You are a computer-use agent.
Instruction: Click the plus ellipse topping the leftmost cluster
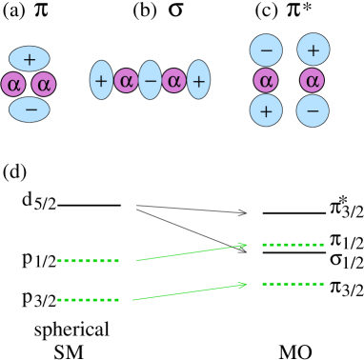[x=30, y=59]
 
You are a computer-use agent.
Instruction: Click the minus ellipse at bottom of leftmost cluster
[x=30, y=110]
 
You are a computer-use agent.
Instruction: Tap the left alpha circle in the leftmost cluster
[x=13, y=84]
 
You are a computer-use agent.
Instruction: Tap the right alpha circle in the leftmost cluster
[x=44, y=84]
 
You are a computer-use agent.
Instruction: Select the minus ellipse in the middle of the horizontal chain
[x=150, y=80]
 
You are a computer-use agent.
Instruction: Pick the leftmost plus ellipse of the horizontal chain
[x=101, y=80]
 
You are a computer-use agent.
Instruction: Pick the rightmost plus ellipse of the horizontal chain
[x=198, y=80]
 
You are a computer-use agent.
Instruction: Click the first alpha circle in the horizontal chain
[x=126, y=80]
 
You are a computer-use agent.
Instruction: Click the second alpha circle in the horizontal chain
[x=173, y=80]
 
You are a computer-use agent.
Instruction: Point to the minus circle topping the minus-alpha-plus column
[x=266, y=50]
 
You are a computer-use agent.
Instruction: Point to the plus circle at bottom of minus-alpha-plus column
[x=266, y=110]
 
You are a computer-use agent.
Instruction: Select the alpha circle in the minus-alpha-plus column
[x=266, y=80]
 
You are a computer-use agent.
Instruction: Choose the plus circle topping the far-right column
[x=313, y=50]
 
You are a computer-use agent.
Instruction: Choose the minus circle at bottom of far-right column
[x=313, y=110]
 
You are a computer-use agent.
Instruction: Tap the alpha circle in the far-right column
[x=312, y=80]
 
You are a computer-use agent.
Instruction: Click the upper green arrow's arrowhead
[x=244, y=246]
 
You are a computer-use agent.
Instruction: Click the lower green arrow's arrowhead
[x=243, y=285]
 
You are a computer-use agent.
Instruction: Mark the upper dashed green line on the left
[x=88, y=261]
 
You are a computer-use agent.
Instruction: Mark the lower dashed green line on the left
[x=88, y=300]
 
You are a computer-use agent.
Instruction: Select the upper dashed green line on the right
[x=293, y=245]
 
